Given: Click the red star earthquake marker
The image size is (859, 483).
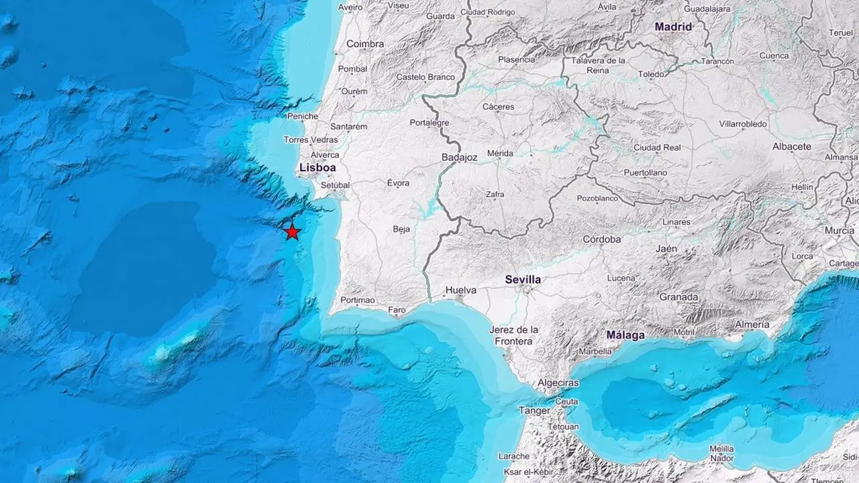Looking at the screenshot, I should (x=292, y=232).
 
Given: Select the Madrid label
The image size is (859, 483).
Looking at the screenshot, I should (x=673, y=27).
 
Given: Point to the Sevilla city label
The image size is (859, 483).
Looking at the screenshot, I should (x=523, y=279).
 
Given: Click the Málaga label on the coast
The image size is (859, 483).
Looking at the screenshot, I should (x=625, y=335).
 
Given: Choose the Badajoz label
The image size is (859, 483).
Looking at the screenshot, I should (x=459, y=157).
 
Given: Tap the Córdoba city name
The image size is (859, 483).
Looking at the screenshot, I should (x=601, y=239).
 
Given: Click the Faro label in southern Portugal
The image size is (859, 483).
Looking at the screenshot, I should (x=397, y=310).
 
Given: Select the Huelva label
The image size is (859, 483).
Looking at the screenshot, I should (x=460, y=290).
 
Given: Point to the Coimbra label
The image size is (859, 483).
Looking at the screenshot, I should (x=365, y=44).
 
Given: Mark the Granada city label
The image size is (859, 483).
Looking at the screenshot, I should (x=678, y=297).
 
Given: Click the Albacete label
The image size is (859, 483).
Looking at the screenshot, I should (x=792, y=146).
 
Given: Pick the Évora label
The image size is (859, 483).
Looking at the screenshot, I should (x=399, y=183).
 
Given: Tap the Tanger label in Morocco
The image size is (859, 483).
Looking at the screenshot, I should (x=534, y=410).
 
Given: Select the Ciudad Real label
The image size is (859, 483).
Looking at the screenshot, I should (x=657, y=148).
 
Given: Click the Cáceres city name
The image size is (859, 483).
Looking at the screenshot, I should (x=498, y=107).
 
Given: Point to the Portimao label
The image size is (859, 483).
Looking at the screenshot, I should (x=357, y=300).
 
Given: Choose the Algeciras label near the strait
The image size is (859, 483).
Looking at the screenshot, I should (x=557, y=383).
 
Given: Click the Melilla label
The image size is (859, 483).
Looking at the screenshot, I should (x=721, y=448).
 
